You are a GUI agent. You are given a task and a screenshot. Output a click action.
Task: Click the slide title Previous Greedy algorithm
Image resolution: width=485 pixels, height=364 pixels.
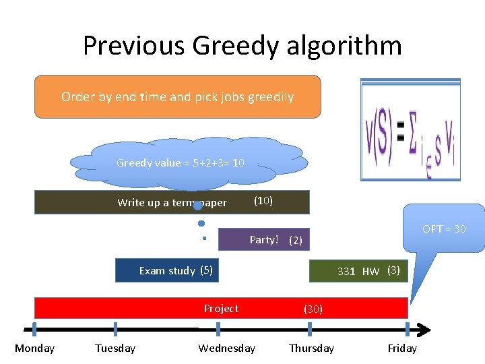(243, 46)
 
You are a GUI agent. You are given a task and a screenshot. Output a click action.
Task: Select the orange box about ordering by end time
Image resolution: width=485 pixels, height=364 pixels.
(178, 96)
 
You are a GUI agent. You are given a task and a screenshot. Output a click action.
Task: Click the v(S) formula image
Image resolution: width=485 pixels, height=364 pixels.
(410, 130)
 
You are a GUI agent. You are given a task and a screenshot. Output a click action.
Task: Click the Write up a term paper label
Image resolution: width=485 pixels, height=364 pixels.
(172, 202)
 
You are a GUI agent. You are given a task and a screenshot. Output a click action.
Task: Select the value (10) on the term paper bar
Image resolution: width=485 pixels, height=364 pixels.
(263, 201)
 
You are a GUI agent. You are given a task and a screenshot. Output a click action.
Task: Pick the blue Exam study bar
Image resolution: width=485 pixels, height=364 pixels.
(168, 270)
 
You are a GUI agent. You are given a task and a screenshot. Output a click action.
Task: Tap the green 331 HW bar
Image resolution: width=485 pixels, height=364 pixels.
(358, 270)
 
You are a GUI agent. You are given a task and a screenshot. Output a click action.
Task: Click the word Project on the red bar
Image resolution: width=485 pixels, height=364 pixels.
(221, 308)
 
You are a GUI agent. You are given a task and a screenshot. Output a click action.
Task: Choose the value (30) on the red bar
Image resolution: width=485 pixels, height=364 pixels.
(313, 309)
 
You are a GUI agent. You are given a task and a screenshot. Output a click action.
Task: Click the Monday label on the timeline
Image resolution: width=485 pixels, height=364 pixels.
(34, 348)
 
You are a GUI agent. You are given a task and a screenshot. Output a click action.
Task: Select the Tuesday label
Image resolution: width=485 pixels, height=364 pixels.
(115, 348)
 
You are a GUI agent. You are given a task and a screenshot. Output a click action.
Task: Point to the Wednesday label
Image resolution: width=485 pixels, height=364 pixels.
(226, 348)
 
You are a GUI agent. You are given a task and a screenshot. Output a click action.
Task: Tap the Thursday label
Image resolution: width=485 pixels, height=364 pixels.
(311, 348)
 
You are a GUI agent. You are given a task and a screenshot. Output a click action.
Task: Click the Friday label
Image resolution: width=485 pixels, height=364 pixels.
(402, 348)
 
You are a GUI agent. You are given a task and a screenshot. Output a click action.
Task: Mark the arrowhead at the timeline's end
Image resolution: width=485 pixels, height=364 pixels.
(423, 330)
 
